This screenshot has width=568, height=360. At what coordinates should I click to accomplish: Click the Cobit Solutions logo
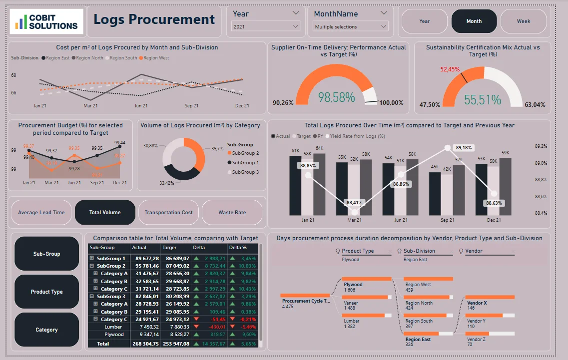pos(47,21)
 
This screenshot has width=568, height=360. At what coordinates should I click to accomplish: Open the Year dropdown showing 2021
pos(266,26)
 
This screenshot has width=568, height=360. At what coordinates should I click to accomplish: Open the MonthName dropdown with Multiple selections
pos(351,26)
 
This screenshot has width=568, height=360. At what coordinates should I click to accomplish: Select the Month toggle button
pos(474,21)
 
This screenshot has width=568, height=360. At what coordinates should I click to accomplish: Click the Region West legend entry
pos(156,58)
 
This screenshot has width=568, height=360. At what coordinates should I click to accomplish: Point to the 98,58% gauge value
pos(336,97)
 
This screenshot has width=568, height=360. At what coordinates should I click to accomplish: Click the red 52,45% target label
pos(450,69)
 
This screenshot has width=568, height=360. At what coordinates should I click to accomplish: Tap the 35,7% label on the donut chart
pos(217,149)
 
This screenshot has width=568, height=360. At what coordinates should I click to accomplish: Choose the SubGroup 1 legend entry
pos(244,163)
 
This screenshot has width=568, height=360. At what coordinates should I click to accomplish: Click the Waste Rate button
pos(232,212)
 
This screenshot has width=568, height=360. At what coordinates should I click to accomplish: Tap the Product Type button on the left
pos(47,292)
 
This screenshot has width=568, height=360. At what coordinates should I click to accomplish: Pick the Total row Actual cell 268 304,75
pos(145,344)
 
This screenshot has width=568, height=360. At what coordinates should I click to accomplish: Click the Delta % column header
pos(238,247)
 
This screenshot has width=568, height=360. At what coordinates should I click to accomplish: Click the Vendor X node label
pos(477,303)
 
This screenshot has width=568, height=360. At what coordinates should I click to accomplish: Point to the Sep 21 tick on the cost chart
pos(191,106)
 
